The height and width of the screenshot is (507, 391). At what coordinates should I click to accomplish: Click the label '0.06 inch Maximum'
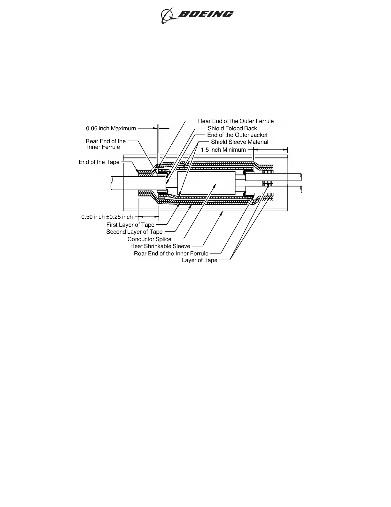(x=111, y=128)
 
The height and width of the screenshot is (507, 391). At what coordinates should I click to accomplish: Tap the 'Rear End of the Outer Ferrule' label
(x=236, y=121)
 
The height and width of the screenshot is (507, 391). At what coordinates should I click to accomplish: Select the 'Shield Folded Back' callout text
(x=232, y=128)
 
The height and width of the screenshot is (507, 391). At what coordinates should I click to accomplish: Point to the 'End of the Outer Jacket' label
(x=237, y=135)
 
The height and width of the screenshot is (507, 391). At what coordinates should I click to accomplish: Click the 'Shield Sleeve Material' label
(x=239, y=142)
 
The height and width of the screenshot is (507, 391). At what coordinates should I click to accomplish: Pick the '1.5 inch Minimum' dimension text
(x=223, y=150)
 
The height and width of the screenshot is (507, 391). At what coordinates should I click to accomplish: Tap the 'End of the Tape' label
(x=99, y=162)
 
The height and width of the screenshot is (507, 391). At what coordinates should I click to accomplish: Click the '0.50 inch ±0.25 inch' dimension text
(x=107, y=217)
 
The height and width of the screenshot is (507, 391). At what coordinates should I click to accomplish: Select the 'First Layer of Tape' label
(x=130, y=225)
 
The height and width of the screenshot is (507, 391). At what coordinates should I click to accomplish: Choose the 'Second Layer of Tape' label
(x=134, y=232)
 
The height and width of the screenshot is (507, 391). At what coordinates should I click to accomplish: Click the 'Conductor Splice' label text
(x=149, y=239)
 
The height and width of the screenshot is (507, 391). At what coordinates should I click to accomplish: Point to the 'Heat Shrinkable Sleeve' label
(x=160, y=246)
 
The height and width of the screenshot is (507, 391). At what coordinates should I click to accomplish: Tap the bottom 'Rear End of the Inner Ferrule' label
(x=171, y=253)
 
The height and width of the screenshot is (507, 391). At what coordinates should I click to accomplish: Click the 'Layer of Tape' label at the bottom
(x=199, y=260)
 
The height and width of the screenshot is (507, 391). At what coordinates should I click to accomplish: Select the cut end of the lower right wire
(x=301, y=190)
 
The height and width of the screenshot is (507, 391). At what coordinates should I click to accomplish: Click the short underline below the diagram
(x=89, y=345)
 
